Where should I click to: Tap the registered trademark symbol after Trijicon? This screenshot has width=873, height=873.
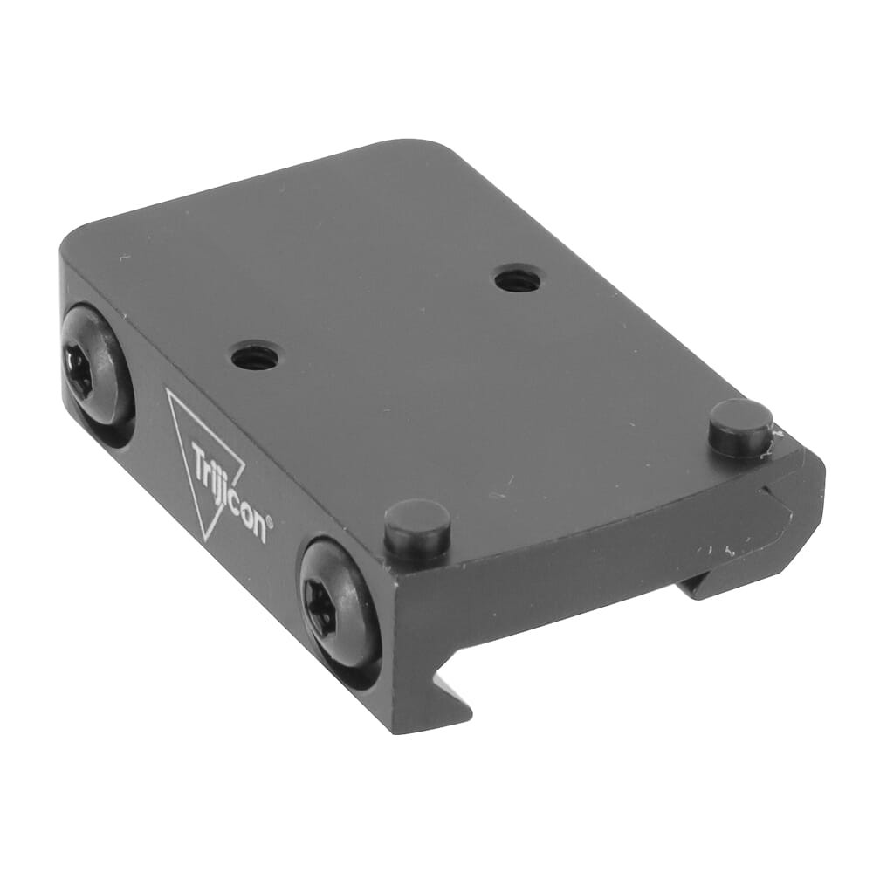click(x=269, y=522)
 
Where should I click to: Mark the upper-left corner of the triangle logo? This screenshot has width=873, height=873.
click(x=168, y=390)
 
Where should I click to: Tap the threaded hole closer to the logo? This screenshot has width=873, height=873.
click(x=254, y=355)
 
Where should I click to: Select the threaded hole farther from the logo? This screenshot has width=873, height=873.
click(x=517, y=279)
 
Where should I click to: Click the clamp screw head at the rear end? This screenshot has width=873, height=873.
click(x=96, y=364)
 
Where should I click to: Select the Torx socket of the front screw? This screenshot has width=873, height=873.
click(x=320, y=608)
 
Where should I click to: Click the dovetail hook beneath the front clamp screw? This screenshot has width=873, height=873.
click(x=436, y=698)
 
